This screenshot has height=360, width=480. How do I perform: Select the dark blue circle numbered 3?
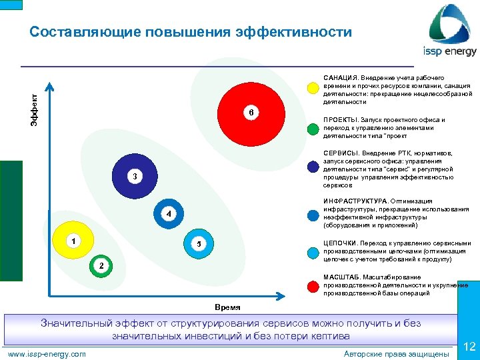tap(134, 177)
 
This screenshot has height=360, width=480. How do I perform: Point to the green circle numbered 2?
tap(101, 265)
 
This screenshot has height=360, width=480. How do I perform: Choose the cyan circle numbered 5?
tap(198, 244)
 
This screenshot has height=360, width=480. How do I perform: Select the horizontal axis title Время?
tap(227, 307)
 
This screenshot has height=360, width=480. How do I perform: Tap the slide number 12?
tap(469, 346)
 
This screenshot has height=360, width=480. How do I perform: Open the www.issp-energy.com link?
tap(46, 353)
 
